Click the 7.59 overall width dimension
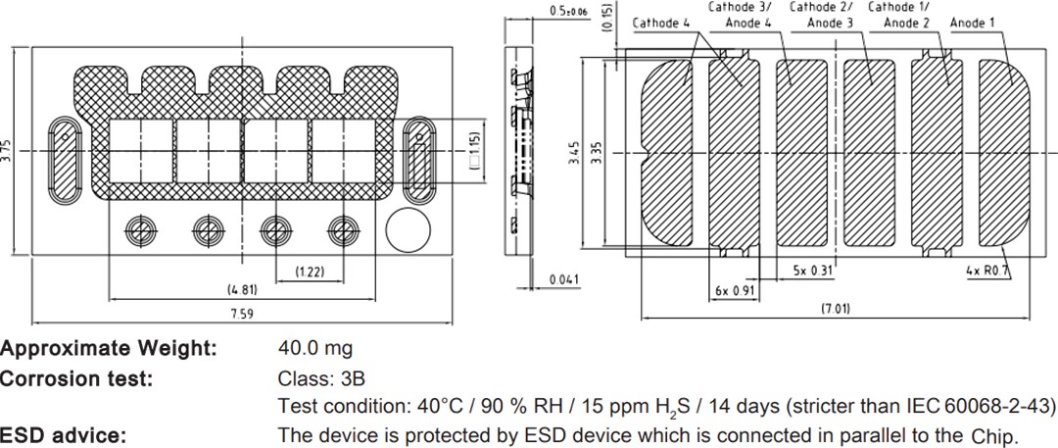241,313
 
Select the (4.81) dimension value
241,290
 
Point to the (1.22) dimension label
309,272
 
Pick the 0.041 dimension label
564,279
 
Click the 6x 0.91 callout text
735,291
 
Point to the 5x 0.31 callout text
812,269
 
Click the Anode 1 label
972,22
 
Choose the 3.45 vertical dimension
574,154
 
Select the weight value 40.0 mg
315,348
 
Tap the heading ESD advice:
62,434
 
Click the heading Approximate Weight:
108,348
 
